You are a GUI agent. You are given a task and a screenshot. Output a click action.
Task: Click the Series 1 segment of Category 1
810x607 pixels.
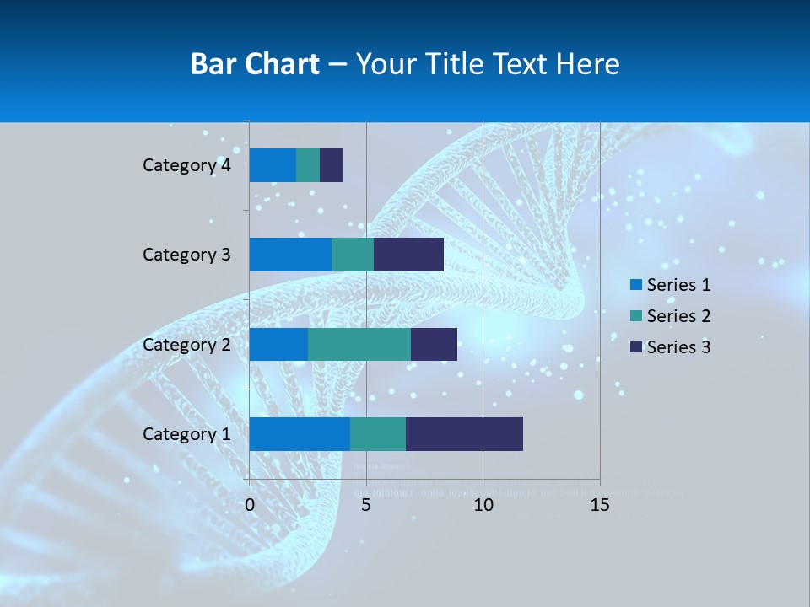pos(300,433)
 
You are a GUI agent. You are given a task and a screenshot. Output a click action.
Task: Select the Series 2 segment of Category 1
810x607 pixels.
pos(378,433)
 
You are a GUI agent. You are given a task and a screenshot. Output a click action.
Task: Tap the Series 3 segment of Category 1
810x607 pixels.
pos(464,433)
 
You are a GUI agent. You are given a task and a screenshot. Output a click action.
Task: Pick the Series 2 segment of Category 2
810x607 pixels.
pos(359,344)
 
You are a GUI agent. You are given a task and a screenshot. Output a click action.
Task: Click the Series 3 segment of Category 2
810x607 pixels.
pos(434,344)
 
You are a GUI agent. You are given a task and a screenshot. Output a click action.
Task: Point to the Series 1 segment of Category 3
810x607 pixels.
pos(290,255)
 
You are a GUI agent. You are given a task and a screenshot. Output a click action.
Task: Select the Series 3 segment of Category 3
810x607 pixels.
pos(408,255)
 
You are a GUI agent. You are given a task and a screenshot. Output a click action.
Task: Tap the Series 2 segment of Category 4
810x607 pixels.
pos(308,165)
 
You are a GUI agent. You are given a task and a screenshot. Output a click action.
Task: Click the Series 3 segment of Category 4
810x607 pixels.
pos(332,165)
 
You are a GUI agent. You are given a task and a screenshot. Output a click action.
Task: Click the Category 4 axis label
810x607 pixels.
pos(186,165)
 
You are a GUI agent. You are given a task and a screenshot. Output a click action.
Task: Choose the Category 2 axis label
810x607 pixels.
pos(186,344)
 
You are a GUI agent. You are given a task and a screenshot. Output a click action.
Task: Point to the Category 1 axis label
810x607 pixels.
pos(186,434)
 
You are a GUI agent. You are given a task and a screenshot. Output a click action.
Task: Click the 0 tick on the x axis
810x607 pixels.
pos(250,505)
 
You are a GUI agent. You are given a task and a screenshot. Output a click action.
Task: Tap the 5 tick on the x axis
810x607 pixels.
pos(366,505)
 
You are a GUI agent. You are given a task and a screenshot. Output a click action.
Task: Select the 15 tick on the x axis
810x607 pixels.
pos(600,505)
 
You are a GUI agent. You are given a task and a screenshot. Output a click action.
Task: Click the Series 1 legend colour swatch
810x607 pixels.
pos(635,285)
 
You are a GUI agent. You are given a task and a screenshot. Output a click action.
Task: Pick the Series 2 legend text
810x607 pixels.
pos(678,316)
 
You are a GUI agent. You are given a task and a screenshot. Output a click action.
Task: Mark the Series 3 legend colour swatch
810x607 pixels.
pos(635,346)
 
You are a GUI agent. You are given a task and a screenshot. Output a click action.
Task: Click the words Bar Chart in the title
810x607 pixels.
pos(254,63)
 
